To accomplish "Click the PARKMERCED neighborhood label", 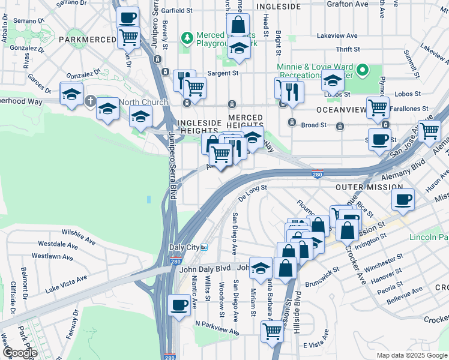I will [x=87, y=40].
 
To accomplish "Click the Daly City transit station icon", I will [x=204, y=247].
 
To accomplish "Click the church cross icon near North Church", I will [x=90, y=101].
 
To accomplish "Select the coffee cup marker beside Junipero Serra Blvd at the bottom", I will [x=179, y=304].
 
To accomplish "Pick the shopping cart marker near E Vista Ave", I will [x=273, y=330].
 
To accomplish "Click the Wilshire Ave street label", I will [x=78, y=235].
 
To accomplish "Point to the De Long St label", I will [x=252, y=191].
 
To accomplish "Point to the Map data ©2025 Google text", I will [x=411, y=355].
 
